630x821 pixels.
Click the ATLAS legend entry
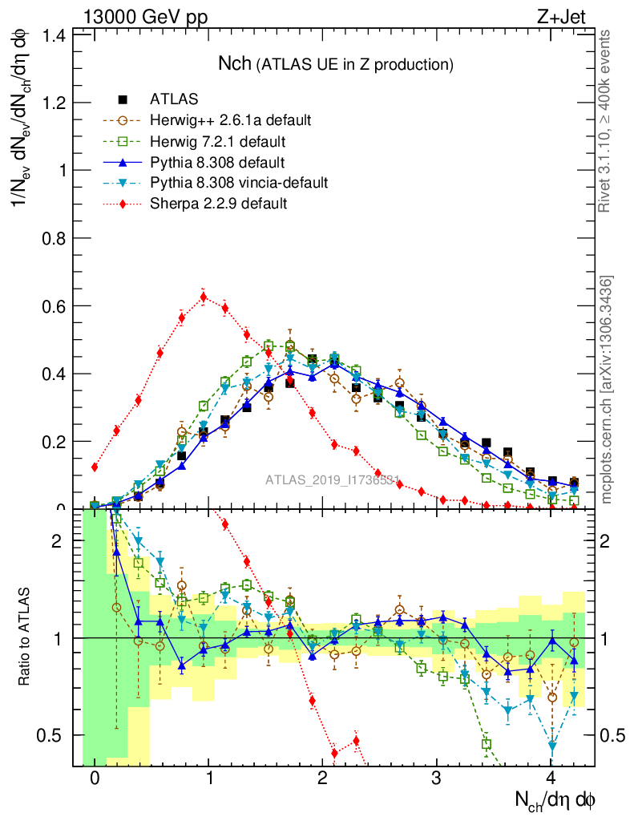click(174, 99)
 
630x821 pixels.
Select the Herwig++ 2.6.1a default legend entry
click(230, 120)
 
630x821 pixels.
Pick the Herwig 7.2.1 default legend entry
click(217, 141)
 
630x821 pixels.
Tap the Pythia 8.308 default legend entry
click(217, 162)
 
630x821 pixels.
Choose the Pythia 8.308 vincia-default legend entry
click(238, 183)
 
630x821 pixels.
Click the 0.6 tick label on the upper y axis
click(55, 305)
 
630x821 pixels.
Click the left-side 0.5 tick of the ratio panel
click(55, 735)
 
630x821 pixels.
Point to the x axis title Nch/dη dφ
click(555, 799)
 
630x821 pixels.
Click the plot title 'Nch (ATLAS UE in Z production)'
click(336, 63)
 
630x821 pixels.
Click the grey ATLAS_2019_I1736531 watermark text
click(333, 480)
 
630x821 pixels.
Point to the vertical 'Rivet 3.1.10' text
click(606, 120)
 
